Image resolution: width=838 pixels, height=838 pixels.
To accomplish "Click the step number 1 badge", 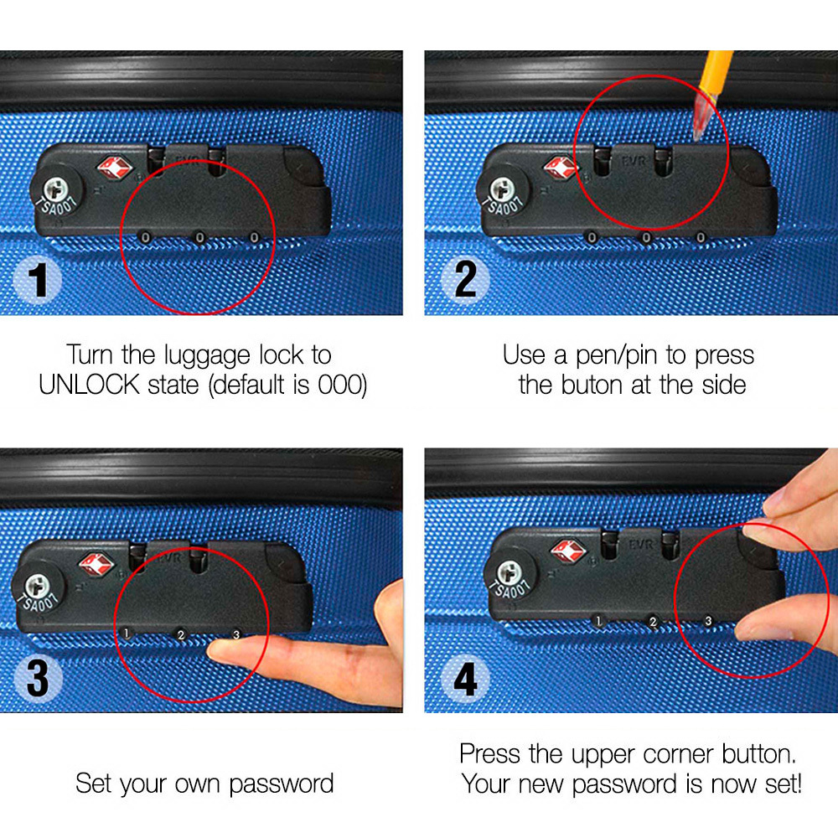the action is (x=38, y=280).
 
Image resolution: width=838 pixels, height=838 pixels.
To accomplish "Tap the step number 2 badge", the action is (x=465, y=280).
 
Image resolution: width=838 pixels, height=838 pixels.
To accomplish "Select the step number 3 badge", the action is (x=38, y=679).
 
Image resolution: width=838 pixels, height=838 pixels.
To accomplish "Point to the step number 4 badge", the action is (x=465, y=679).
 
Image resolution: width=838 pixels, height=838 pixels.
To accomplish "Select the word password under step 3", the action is (x=282, y=784).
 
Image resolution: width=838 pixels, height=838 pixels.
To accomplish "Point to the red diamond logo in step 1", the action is (x=114, y=168).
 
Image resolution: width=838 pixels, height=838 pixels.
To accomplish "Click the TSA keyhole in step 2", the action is (x=502, y=189).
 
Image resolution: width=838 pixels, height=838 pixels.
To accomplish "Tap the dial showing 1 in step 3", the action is (x=127, y=634).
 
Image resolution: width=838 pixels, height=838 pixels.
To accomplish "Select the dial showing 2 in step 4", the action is (x=653, y=622).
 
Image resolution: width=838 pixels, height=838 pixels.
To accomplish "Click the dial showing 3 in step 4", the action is (x=708, y=621).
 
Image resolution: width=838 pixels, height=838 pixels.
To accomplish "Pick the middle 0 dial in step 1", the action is (x=199, y=237).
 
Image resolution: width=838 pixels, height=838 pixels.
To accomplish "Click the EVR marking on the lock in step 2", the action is (x=633, y=160).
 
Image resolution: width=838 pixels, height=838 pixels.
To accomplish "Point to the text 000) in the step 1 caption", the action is (x=343, y=385).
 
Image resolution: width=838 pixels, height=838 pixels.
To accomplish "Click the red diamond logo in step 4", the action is (x=569, y=551).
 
